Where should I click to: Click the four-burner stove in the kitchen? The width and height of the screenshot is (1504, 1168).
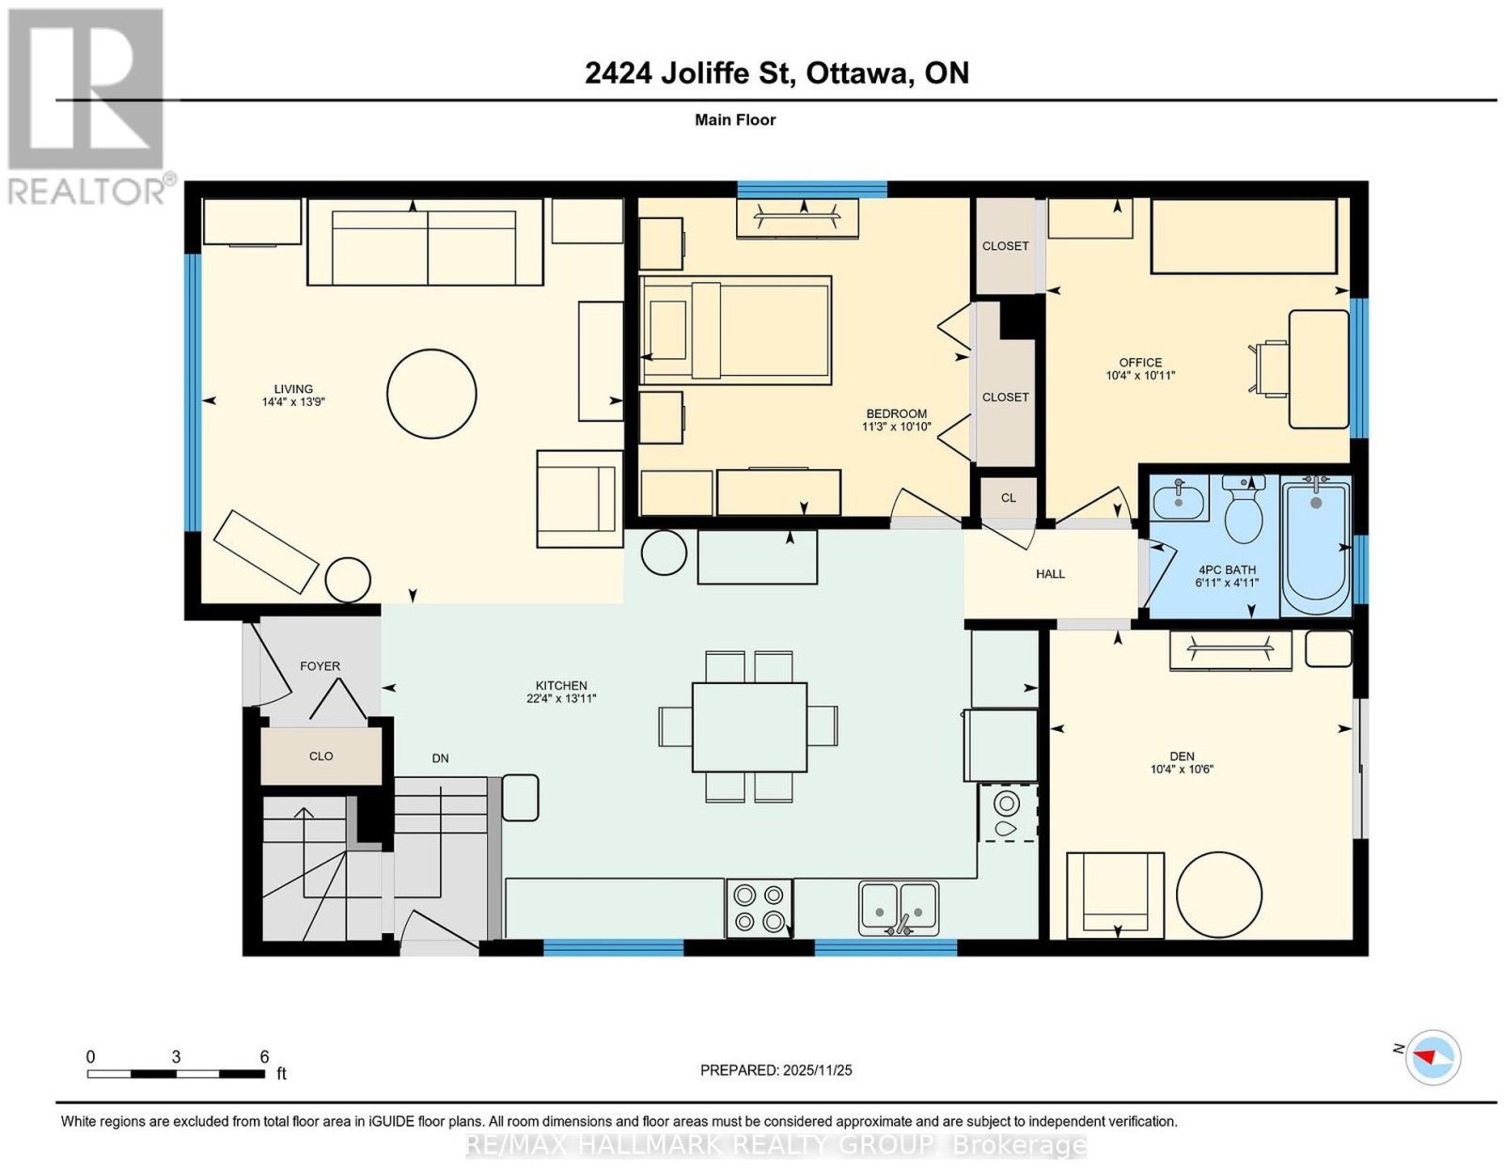coord(758,908)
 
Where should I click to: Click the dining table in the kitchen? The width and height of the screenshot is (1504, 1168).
coord(749,726)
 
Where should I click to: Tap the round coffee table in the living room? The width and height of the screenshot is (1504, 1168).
coord(431,394)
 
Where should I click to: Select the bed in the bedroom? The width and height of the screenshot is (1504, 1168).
coord(736,331)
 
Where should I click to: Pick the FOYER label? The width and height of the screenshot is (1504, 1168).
coord(320,666)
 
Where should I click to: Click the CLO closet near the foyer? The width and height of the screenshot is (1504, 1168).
coord(321,755)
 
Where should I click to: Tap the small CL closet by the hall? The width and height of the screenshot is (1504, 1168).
coord(1009,498)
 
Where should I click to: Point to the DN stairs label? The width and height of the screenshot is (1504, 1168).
coord(440,758)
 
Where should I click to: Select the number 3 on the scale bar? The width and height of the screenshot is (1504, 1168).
coord(177,1057)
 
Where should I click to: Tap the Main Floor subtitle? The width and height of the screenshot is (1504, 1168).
coord(735,119)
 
